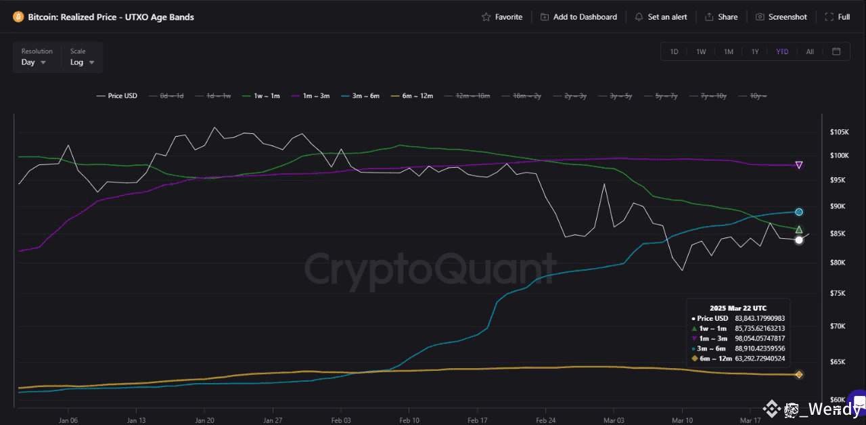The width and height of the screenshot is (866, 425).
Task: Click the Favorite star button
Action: tap(502, 17)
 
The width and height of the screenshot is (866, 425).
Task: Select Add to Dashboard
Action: tap(579, 17)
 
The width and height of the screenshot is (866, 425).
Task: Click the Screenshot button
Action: tap(781, 17)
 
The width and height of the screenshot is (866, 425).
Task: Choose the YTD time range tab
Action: tap(782, 52)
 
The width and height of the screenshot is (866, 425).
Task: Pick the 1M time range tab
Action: tap(729, 52)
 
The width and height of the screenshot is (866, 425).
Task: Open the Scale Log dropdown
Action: tap(82, 62)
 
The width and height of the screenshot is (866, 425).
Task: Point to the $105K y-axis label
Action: tap(839, 131)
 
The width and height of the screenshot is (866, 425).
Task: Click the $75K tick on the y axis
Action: tap(839, 293)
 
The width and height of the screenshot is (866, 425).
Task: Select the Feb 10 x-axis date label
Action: tap(409, 420)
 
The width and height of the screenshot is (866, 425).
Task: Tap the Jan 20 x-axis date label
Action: tap(205, 420)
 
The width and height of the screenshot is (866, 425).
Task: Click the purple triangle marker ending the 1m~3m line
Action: tap(799, 165)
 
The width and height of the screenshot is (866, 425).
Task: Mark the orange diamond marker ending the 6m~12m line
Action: tap(799, 374)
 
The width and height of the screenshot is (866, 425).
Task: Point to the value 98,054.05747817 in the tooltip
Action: tap(760, 338)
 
